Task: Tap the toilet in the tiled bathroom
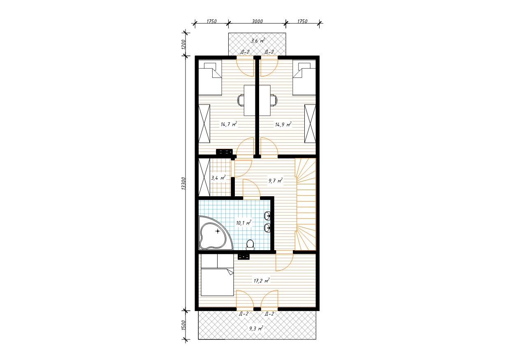pos(250,245)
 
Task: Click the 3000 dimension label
pos(257,21)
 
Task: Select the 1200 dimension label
pos(184,44)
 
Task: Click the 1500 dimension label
pos(184,325)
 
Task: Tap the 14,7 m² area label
pos(229,124)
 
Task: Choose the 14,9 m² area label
pos(283,124)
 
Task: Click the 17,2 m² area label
pos(262,281)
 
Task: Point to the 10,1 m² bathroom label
pos(243,223)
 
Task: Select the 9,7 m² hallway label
pos(276,181)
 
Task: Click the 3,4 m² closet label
pos(218,178)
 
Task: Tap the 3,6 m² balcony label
pos(258,41)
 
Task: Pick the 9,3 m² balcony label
pos(256,328)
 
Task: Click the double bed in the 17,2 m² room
pos(217,275)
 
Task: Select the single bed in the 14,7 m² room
pos(210,77)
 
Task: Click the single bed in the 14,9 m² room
pos(304,77)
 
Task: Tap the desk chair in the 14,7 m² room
pos(241,100)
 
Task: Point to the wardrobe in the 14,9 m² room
pos(310,124)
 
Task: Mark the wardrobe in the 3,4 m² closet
pos(204,177)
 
